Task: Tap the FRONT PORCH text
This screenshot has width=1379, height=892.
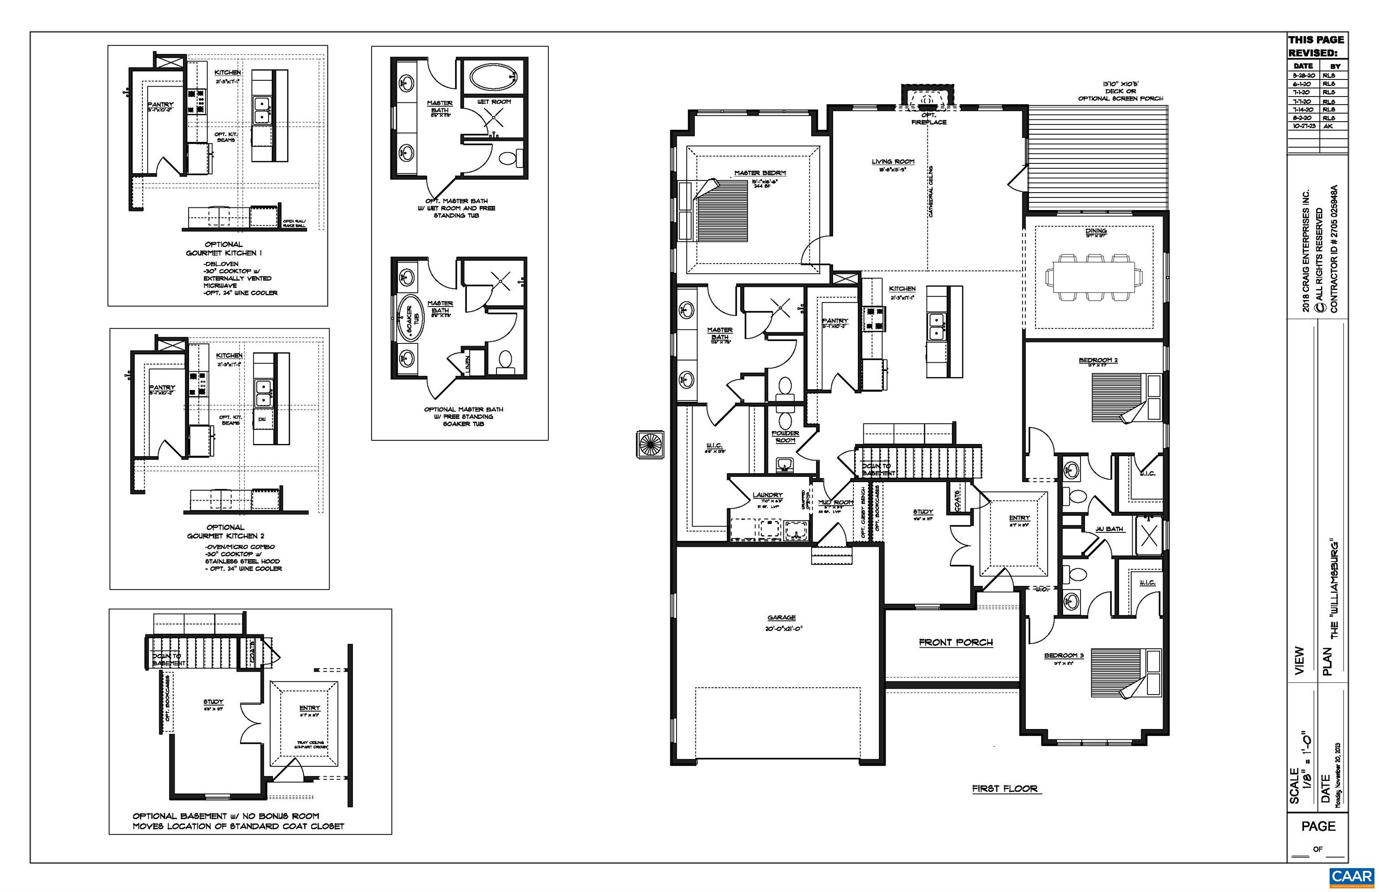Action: [x=956, y=642]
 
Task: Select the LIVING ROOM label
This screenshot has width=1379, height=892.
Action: [x=892, y=162]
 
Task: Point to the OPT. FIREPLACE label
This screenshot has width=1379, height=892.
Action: [x=928, y=119]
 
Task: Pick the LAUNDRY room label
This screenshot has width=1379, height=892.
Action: [x=768, y=495]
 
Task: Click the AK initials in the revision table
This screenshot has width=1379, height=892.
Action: [x=1328, y=126]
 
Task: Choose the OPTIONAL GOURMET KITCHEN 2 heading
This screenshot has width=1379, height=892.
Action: [x=225, y=532]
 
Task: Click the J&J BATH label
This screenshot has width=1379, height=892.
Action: [x=1109, y=529]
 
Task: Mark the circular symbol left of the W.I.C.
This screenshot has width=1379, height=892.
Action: [x=650, y=445]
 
